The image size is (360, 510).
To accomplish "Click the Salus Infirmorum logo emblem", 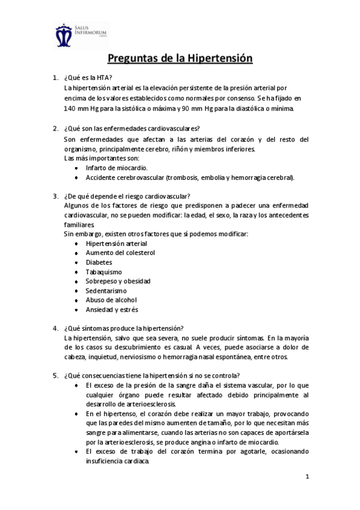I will [64, 35].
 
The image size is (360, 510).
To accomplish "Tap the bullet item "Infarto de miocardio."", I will [117, 168].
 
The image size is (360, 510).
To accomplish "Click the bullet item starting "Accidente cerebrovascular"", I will [190, 178].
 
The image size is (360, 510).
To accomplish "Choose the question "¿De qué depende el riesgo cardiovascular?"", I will [127, 195].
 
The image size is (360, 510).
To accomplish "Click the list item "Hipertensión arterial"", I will [117, 244].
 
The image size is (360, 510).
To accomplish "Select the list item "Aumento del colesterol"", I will [120, 253].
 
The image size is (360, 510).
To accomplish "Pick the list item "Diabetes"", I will [99, 262].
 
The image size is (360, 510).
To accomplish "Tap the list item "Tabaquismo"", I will [104, 272].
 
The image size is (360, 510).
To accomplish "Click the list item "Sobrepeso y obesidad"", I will [118, 281].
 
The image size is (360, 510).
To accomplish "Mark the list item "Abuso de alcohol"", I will [111, 300].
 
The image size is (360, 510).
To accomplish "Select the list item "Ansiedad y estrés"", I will [112, 309].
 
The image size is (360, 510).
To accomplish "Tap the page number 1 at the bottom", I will [307, 478].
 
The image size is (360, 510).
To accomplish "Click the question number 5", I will [55, 375].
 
